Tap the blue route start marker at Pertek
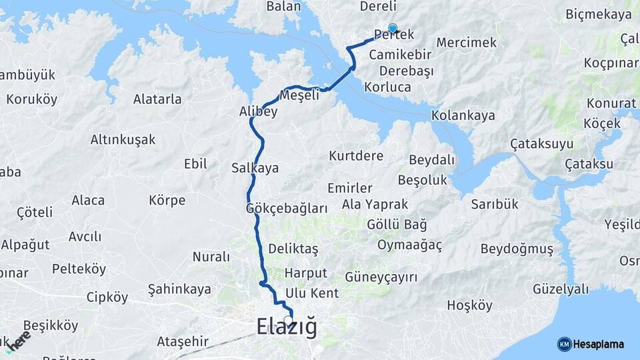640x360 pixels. point(393,29)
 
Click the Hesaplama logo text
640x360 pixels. point(599,344)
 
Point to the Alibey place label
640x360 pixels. point(258,112)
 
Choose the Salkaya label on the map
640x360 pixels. point(255,168)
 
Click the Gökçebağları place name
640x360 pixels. point(287,208)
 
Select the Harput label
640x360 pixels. point(305,273)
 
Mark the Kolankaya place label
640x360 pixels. point(463,115)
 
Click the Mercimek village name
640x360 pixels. point(467,43)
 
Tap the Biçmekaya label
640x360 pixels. point(599,14)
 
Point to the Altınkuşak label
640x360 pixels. point(123,139)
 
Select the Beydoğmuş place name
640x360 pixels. point(517,249)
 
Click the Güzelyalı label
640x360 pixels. point(561,289)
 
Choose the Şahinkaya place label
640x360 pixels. point(179,289)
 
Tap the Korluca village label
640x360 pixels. point(387,87)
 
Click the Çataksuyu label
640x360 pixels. point(541,144)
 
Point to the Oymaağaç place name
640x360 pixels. point(409,245)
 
